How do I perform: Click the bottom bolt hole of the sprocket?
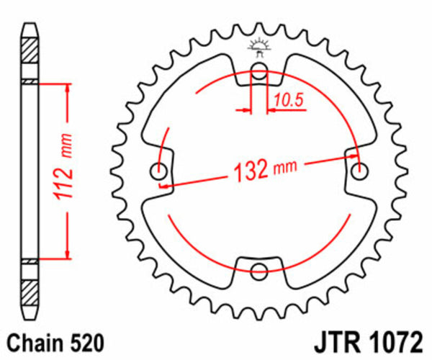[259, 271]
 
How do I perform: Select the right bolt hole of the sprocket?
[359, 171]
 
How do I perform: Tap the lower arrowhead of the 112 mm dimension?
[68, 253]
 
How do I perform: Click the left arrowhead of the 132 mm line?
[164, 186]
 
